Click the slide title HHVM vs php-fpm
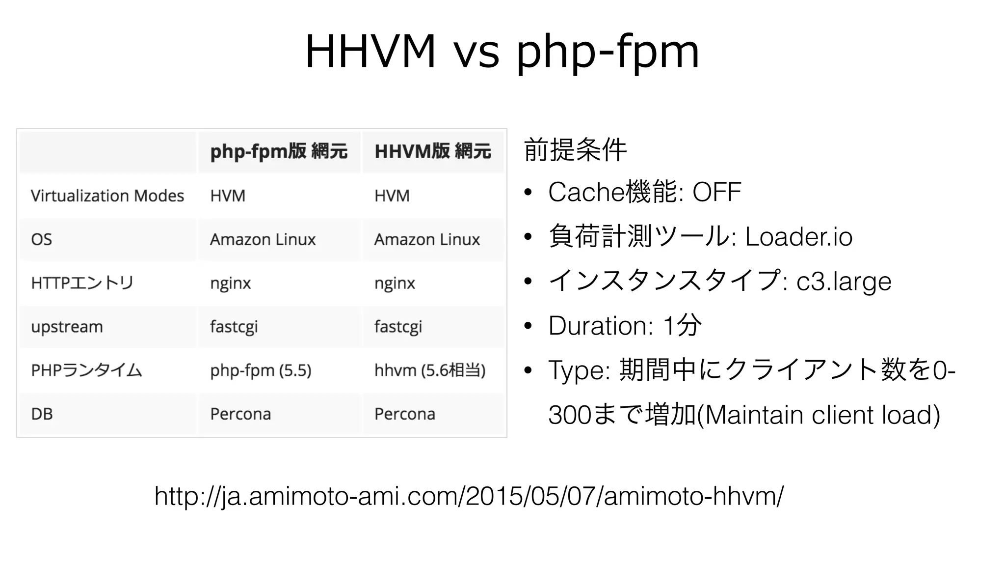(502, 52)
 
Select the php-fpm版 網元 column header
(279, 151)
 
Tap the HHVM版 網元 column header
(432, 151)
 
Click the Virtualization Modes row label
(107, 196)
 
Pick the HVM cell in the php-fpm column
(228, 196)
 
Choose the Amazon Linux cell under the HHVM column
(427, 240)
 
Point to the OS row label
(41, 240)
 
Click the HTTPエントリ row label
(82, 283)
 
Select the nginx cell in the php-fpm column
(230, 283)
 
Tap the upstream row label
(67, 327)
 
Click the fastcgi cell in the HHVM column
(398, 327)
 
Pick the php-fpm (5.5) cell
(261, 370)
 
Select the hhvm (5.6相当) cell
(430, 370)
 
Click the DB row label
(42, 414)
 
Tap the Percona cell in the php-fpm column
(240, 414)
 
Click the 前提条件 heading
(575, 150)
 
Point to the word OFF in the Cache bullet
(716, 192)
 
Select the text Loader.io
(798, 237)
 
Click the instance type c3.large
(844, 282)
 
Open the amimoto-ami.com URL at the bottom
(469, 496)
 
